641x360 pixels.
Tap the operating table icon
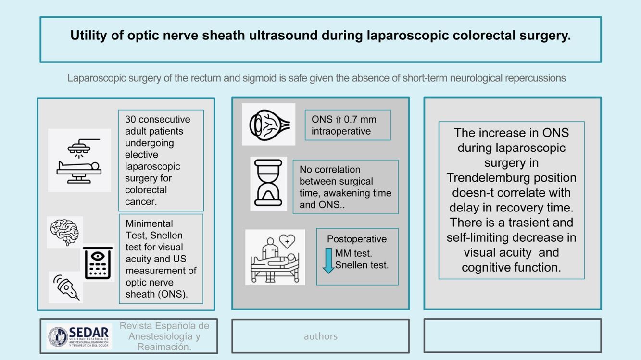tap(79, 160)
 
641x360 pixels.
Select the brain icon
tap(65, 232)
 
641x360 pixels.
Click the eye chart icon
tap(97, 262)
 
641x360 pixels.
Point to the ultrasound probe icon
tap(66, 287)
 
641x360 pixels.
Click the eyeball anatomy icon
tap(269, 124)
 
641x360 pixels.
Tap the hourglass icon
tap(269, 184)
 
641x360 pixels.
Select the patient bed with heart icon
tap(275, 257)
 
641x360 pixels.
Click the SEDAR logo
tap(79, 336)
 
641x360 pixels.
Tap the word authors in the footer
tap(320, 336)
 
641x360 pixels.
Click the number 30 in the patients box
tap(130, 120)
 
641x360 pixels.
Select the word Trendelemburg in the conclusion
tap(511, 178)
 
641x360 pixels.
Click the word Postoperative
tap(357, 239)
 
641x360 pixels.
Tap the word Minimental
tap(149, 223)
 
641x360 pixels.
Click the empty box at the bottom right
tap(512, 335)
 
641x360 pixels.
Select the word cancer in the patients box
tap(141, 201)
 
